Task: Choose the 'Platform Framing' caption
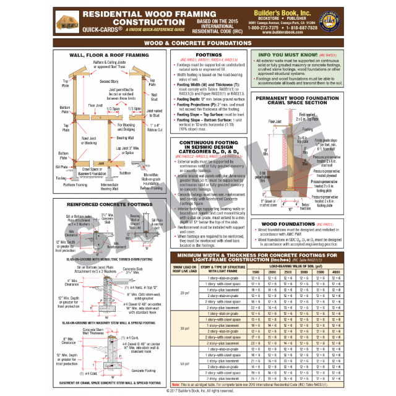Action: point(77,184)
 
